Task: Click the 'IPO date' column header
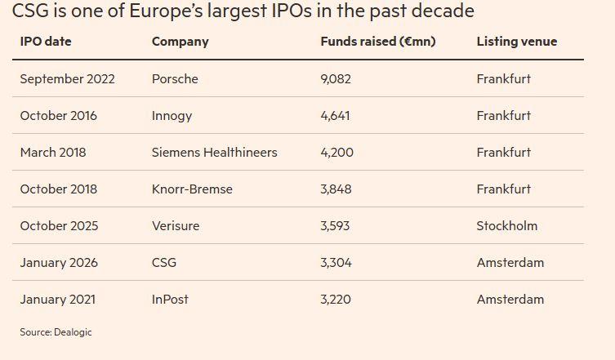pyautogui.click(x=46, y=42)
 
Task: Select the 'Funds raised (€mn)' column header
pyautogui.click(x=377, y=42)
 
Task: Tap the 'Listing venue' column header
pyautogui.click(x=516, y=42)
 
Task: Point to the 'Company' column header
pyautogui.click(x=180, y=42)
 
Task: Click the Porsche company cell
pyautogui.click(x=175, y=79)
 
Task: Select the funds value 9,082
pyautogui.click(x=336, y=79)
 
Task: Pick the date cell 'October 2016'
pyautogui.click(x=58, y=116)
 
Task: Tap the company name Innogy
pyautogui.click(x=172, y=116)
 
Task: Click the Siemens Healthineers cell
pyautogui.click(x=214, y=153)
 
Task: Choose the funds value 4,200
pyautogui.click(x=336, y=153)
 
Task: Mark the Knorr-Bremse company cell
pyautogui.click(x=192, y=189)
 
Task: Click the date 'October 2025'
pyautogui.click(x=58, y=226)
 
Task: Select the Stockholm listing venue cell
pyautogui.click(x=506, y=226)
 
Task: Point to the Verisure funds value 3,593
pyautogui.click(x=336, y=226)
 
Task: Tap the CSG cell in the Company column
pyautogui.click(x=164, y=263)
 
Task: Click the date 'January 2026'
pyautogui.click(x=58, y=263)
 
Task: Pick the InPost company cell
pyautogui.click(x=170, y=300)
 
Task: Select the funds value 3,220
pyautogui.click(x=336, y=300)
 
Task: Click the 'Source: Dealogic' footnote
pyautogui.click(x=56, y=332)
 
